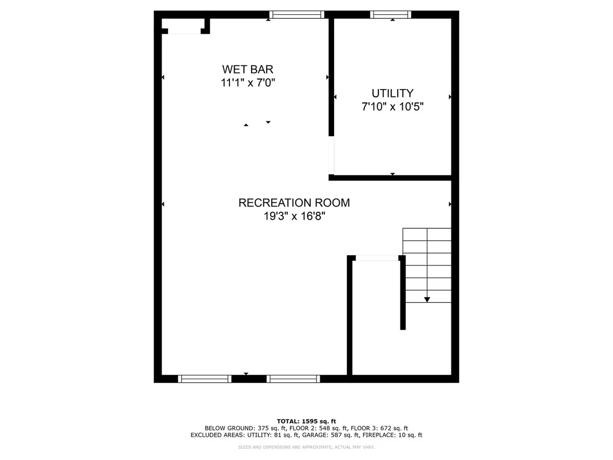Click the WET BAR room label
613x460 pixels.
247,69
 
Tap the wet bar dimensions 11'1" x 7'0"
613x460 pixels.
248,83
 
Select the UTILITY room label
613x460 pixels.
392,93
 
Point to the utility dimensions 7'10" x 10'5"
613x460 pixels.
392,106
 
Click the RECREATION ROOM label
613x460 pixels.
294,203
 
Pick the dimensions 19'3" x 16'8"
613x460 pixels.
294,216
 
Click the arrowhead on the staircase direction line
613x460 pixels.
427,299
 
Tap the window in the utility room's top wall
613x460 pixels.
391,15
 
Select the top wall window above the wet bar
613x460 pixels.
297,15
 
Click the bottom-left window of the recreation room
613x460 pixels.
205,379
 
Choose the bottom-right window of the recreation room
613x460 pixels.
293,379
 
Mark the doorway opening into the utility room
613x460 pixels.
331,156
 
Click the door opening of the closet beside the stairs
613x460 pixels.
377,258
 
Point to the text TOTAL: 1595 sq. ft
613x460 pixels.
306,421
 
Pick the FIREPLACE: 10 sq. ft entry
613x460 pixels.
392,435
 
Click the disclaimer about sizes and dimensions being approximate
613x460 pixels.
306,447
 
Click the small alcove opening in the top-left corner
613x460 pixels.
185,32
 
